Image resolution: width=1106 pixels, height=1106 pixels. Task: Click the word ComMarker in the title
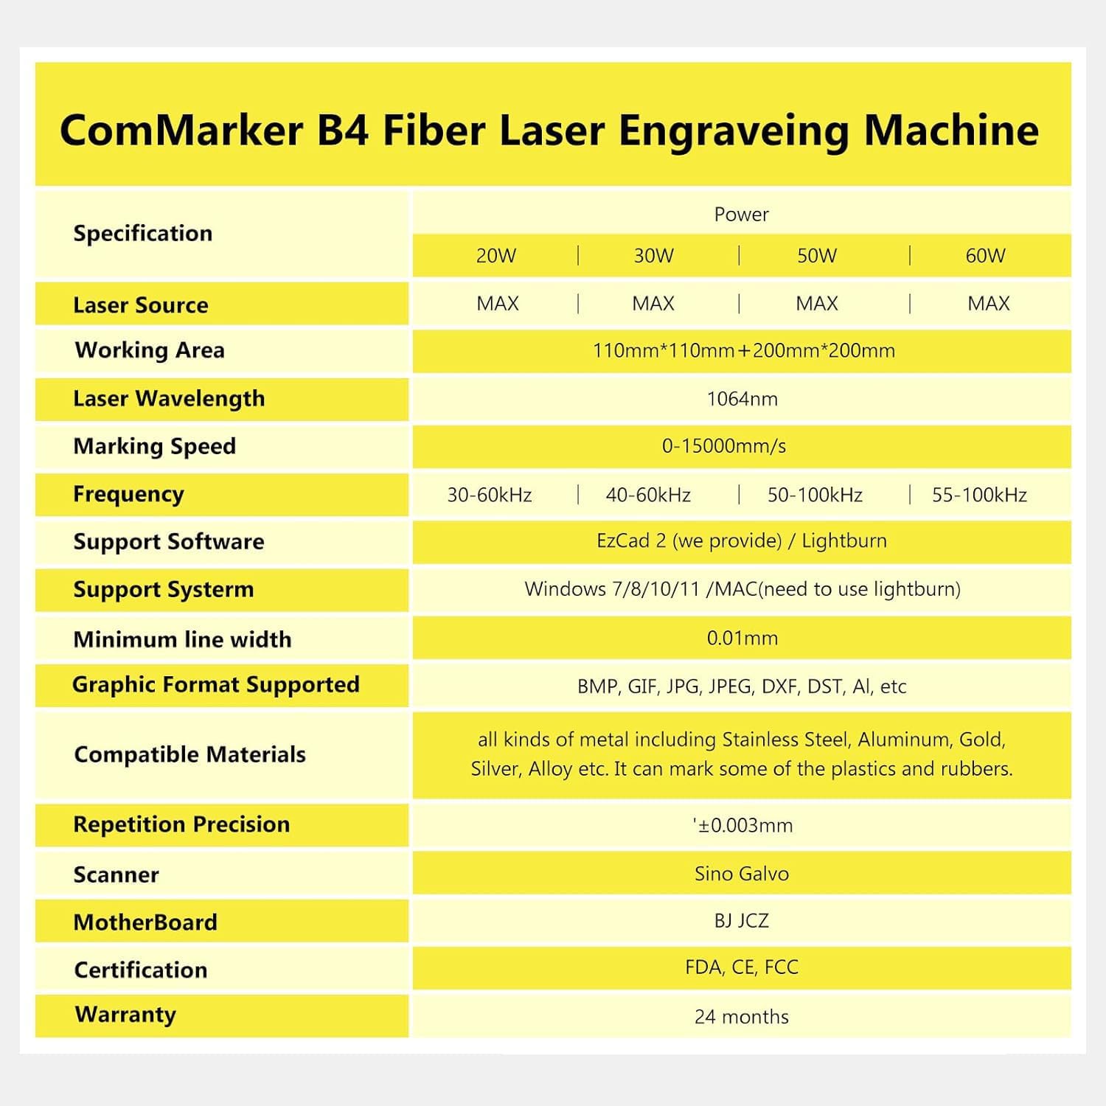click(181, 131)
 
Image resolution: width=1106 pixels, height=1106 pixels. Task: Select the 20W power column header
click(495, 256)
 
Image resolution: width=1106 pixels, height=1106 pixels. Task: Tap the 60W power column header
click(985, 256)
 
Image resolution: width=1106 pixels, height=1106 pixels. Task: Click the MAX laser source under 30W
click(653, 304)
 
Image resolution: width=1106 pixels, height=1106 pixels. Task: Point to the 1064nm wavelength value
click(742, 399)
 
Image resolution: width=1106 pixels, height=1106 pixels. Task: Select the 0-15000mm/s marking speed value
click(724, 446)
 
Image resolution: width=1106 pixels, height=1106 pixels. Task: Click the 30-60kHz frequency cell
click(490, 495)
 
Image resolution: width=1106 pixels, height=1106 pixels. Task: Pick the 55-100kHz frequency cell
click(979, 495)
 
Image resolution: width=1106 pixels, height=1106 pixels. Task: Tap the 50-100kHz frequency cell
click(815, 495)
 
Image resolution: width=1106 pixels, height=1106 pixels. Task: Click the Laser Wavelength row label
click(169, 399)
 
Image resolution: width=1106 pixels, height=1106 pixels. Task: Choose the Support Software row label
click(169, 542)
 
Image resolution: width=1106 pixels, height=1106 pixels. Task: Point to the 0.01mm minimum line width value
click(742, 638)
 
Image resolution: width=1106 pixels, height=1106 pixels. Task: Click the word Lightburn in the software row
click(844, 541)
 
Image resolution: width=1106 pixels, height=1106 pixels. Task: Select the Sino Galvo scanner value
click(742, 874)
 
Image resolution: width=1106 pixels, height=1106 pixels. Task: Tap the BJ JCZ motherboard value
click(742, 921)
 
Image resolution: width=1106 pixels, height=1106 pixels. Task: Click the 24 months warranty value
click(742, 1017)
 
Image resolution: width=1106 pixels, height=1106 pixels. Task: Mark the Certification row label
click(141, 970)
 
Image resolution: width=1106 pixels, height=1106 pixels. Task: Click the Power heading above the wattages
click(742, 215)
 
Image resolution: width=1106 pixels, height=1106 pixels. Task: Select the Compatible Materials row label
click(190, 754)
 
